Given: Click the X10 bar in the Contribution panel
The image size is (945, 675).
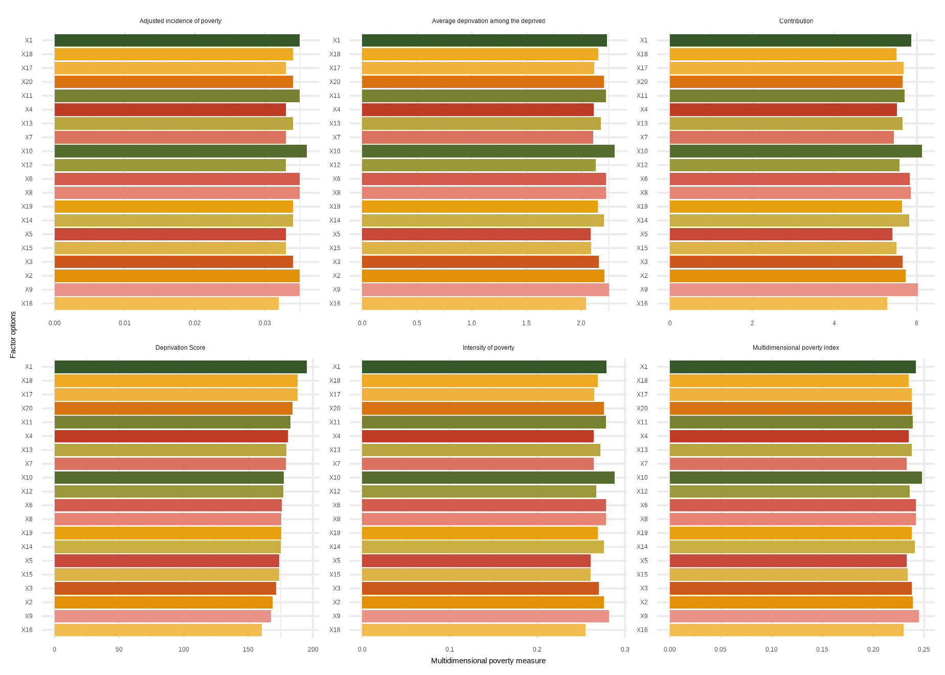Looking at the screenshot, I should click(795, 151).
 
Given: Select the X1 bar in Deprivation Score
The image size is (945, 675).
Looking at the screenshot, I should click(181, 367).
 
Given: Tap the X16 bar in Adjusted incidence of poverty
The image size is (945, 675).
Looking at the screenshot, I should click(166, 304).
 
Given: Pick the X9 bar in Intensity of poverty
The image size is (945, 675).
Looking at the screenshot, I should click(485, 616).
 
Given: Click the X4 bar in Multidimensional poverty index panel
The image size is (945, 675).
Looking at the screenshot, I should click(789, 436).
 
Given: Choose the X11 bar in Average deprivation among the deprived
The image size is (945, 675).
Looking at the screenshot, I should click(484, 96).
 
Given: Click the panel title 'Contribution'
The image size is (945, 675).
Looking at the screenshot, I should click(796, 21).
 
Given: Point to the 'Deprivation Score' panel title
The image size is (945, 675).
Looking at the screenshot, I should click(180, 348).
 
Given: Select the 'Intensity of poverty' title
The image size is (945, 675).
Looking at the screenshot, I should click(488, 348).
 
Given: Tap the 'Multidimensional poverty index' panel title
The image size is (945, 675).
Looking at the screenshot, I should click(796, 348).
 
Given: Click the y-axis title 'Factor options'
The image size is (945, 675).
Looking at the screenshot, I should click(13, 335).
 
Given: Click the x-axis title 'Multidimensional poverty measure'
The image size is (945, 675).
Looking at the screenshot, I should click(488, 661).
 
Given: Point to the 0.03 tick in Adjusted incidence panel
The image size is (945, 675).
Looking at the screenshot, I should click(264, 323).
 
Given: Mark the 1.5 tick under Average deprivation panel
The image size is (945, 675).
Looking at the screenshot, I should click(526, 323).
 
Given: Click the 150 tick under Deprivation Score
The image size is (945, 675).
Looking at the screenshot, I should click(248, 649).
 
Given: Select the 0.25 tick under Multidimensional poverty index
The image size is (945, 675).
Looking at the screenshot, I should click(924, 649).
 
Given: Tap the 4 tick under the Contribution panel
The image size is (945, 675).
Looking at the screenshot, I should click(834, 323).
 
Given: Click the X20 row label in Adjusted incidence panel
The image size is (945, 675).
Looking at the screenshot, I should click(27, 82).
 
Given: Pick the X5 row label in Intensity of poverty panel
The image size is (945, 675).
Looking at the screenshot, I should click(336, 561).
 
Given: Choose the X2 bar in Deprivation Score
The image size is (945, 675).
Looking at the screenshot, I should click(163, 602).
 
